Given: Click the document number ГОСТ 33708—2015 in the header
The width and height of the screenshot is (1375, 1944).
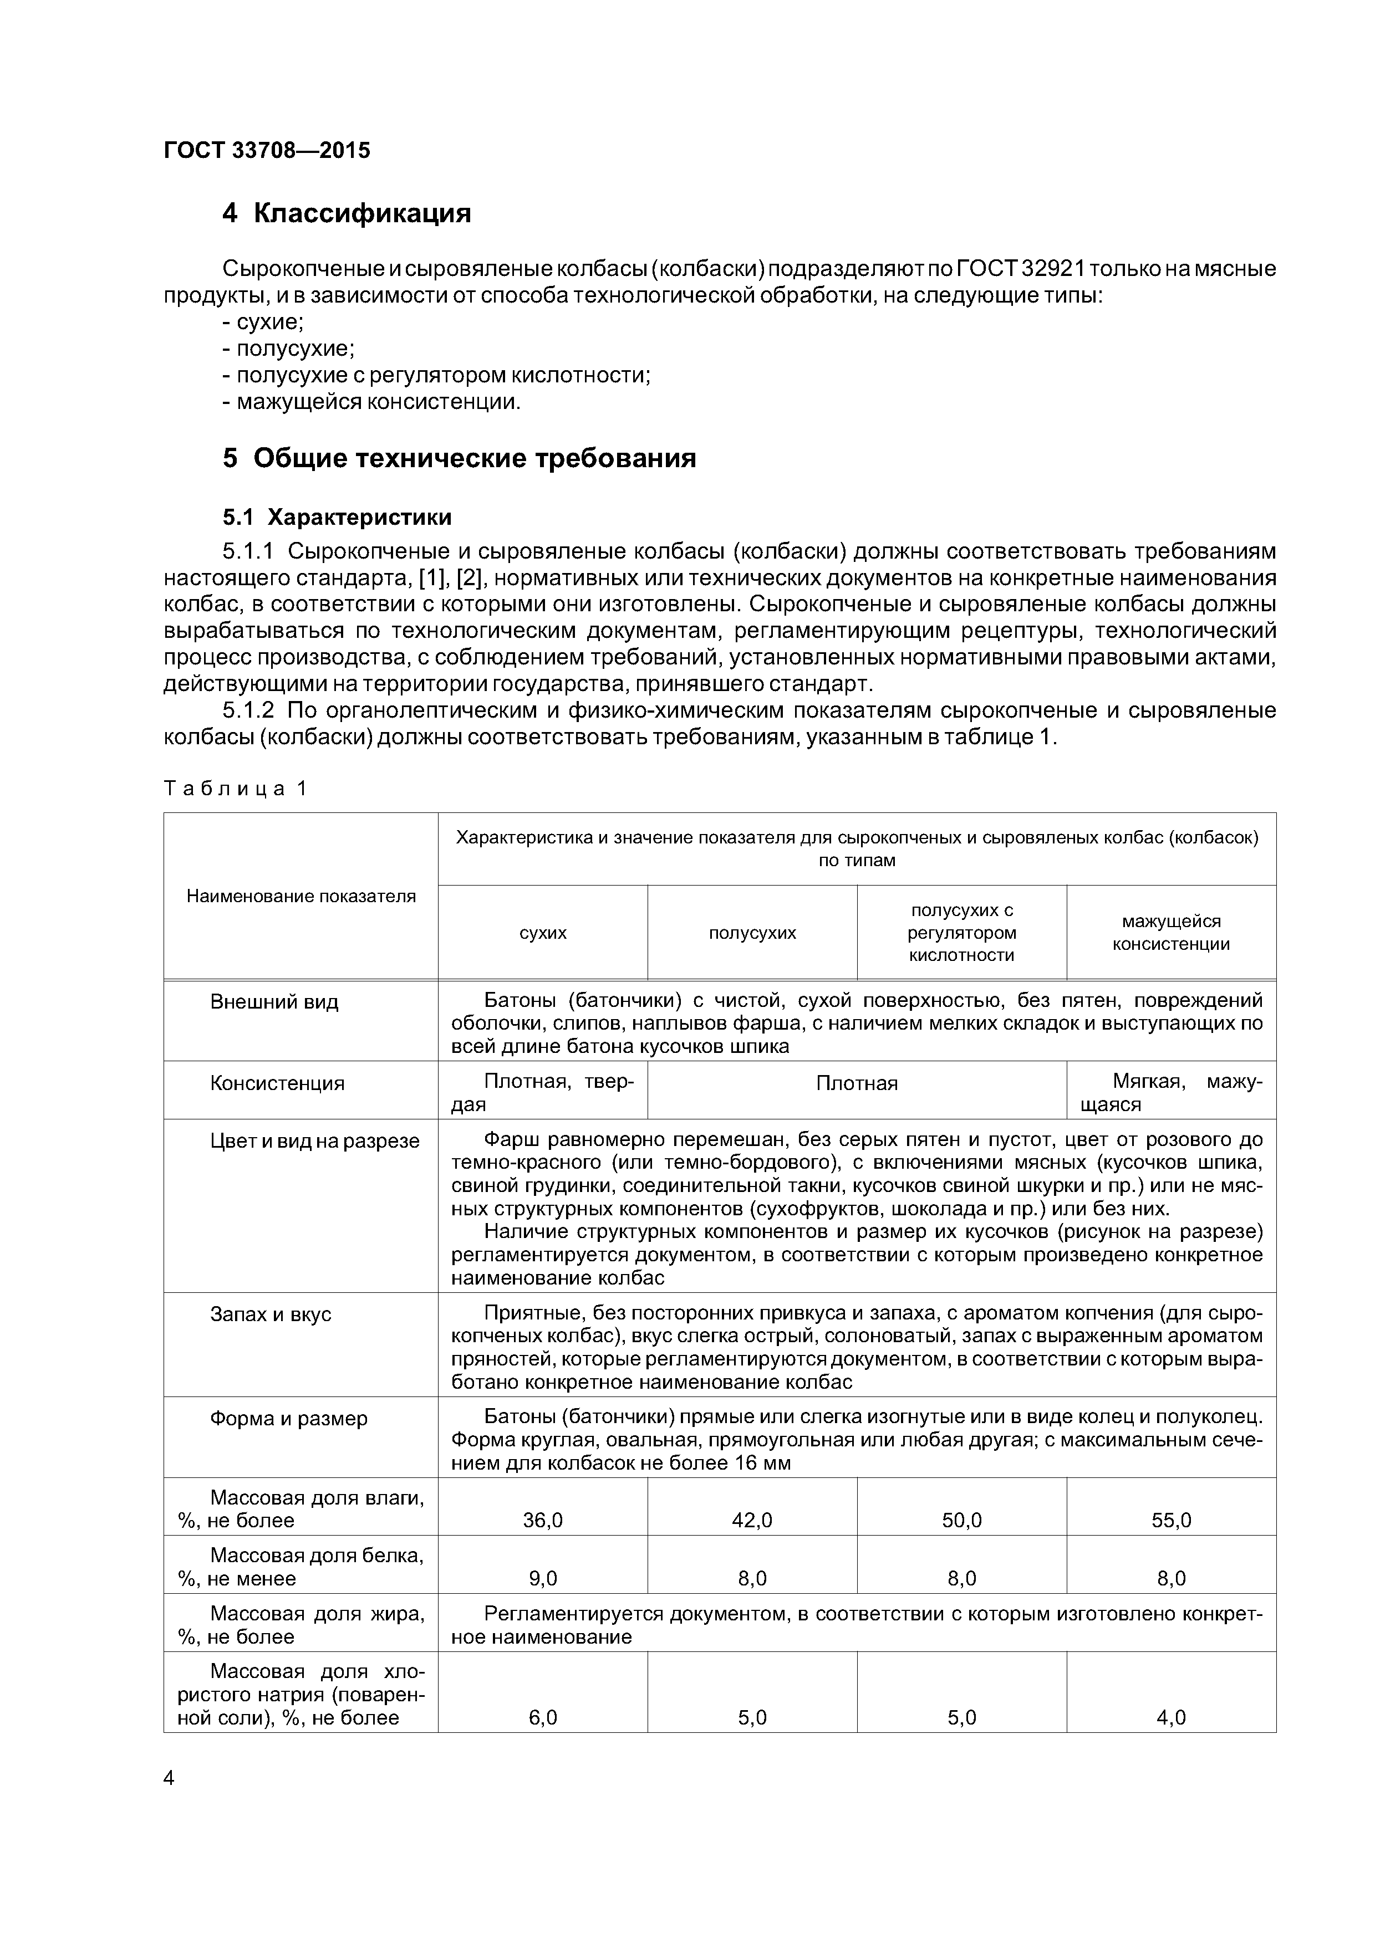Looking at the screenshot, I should coord(267,151).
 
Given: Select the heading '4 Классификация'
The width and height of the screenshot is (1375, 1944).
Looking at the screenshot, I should coord(347,213).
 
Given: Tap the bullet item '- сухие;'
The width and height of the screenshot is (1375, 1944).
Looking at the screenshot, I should coord(263,322).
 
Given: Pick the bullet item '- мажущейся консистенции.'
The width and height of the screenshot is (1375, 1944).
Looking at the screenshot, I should coord(371,401).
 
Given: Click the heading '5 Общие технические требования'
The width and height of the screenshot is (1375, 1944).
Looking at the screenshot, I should coord(459,459).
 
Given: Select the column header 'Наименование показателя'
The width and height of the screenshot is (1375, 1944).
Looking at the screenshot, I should coord(301,896).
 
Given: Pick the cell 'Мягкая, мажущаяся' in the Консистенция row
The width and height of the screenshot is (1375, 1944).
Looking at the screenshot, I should coord(1171,1092).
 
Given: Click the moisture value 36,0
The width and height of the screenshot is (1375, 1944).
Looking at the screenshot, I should coord(542,1520).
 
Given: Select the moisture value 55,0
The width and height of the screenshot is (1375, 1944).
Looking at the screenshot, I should coord(1171,1520).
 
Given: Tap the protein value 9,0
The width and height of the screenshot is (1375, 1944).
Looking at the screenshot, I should coord(542,1578).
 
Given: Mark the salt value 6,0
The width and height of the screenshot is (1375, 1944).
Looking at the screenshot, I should coord(542,1717).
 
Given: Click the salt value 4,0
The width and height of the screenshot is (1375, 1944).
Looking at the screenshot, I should coord(1171,1717).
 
